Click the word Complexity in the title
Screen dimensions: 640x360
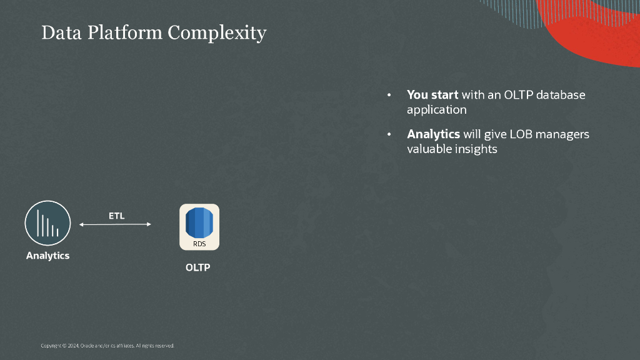[x=217, y=33]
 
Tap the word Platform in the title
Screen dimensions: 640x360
[x=125, y=32]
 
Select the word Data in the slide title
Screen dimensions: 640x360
[x=62, y=32]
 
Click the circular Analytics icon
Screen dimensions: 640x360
[x=47, y=223]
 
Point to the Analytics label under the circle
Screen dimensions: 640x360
[x=47, y=256]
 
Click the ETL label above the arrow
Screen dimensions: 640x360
[x=116, y=216]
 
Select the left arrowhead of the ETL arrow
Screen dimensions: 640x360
[x=81, y=224]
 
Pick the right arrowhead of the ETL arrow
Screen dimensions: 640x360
[x=149, y=224]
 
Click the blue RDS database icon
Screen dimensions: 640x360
[x=199, y=227]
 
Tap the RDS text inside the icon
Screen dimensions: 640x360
[x=199, y=244]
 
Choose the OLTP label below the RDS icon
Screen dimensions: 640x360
[x=198, y=267]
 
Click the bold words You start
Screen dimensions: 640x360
[x=432, y=95]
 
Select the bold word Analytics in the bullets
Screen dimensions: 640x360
[x=434, y=134]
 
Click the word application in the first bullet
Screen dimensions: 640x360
[x=437, y=110]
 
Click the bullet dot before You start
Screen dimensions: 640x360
[x=389, y=95]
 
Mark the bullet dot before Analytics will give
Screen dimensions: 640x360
[x=389, y=134]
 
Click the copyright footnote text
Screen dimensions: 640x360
[x=107, y=346]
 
